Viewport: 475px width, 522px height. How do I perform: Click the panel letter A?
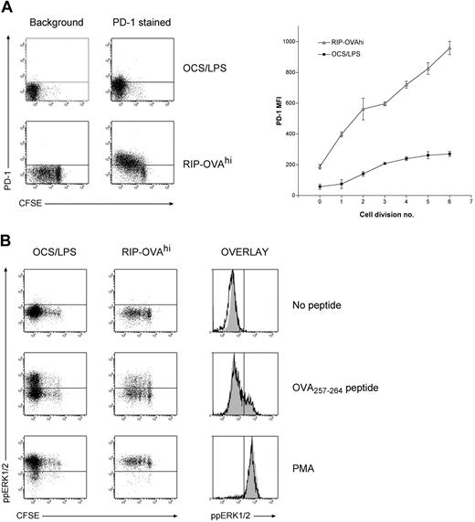(7, 8)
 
